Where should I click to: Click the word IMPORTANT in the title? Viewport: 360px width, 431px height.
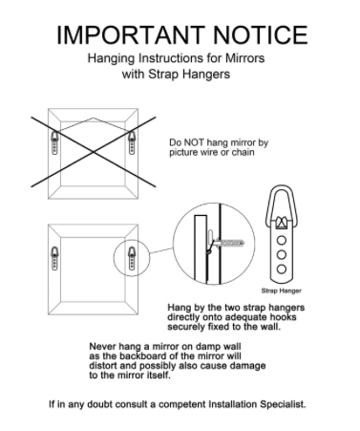[x=131, y=35]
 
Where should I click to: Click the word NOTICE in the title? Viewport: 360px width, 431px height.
[x=260, y=35]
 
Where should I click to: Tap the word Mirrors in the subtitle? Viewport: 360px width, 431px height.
[x=245, y=58]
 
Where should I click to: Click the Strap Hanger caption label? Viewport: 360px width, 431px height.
[x=281, y=291]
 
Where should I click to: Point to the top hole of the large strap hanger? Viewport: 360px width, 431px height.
[x=282, y=240]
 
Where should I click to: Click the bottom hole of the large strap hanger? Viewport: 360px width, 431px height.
[x=282, y=269]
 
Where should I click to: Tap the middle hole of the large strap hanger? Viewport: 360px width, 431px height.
[x=282, y=255]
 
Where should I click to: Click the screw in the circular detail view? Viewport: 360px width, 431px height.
[x=230, y=244]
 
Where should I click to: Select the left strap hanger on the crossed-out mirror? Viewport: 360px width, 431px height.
[x=54, y=142]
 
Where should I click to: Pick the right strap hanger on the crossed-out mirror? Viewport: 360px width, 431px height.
[x=132, y=142]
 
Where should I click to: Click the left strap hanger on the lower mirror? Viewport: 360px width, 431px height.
[x=54, y=259]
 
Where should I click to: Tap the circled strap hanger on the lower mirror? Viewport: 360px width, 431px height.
[x=132, y=259]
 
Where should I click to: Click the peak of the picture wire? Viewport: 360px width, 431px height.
[x=93, y=118]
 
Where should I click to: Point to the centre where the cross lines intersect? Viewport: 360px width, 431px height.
[x=94, y=152]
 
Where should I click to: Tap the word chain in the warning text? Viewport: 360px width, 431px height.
[x=243, y=152]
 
